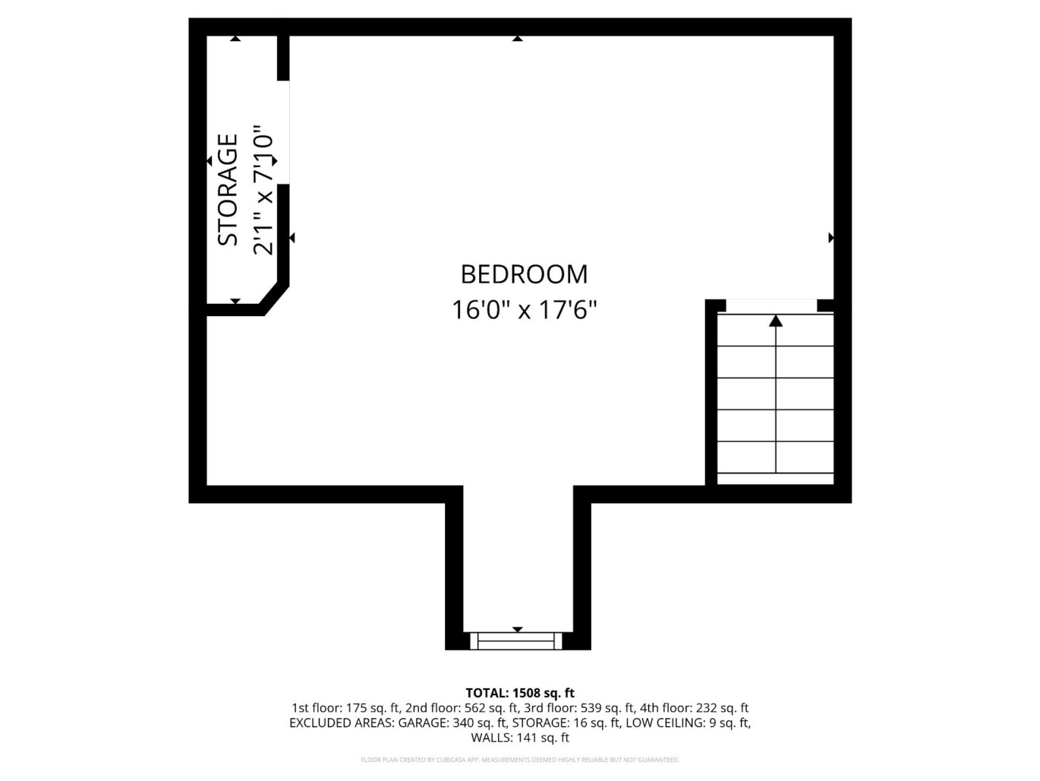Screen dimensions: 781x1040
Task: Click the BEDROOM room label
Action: (524, 274)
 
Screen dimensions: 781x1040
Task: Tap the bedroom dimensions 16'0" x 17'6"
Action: (525, 310)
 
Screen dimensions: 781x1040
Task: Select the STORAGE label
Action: (228, 190)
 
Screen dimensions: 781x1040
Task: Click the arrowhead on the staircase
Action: (775, 321)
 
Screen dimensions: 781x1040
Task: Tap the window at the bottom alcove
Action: (517, 640)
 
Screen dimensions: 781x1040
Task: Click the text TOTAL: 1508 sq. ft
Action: (520, 693)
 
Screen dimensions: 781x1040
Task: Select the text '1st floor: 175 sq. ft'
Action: (346, 708)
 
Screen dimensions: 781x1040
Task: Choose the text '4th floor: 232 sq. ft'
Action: (695, 708)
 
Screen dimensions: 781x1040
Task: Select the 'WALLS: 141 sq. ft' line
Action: (520, 738)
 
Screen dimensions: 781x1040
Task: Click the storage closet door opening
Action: (283, 132)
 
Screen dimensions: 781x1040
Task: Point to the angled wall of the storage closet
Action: (274, 297)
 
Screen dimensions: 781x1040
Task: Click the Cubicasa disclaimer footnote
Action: (520, 760)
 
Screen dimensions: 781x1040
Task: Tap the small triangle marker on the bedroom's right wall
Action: (830, 238)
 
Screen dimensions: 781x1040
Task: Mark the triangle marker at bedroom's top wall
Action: (518, 38)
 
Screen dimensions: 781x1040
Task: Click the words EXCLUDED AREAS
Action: (341, 723)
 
